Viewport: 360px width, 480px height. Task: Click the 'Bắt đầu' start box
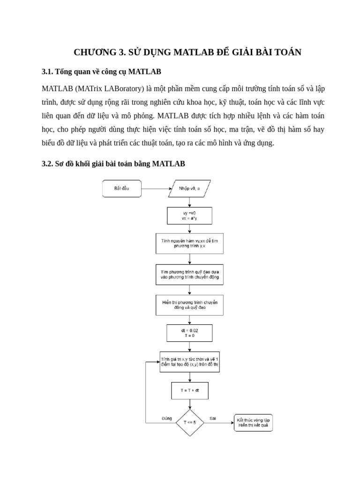122,188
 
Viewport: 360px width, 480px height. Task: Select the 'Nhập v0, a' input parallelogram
189,188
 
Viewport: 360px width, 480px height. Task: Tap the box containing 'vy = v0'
189,216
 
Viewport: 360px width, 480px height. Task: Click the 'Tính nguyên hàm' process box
189,243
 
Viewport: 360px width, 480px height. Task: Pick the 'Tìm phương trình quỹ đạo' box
189,274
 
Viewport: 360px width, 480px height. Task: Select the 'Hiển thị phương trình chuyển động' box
189,305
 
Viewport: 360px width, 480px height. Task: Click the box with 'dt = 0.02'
189,333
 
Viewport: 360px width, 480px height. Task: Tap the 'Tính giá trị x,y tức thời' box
189,362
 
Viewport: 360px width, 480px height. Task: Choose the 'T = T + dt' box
189,390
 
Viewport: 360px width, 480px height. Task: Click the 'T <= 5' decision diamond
190,422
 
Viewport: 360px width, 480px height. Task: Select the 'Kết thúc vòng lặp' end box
253,422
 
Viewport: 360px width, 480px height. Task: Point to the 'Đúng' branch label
166,418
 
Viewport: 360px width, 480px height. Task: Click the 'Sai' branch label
213,418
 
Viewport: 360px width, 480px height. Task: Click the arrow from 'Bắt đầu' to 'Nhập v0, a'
157,189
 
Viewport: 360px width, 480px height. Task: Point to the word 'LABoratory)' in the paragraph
122,89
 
